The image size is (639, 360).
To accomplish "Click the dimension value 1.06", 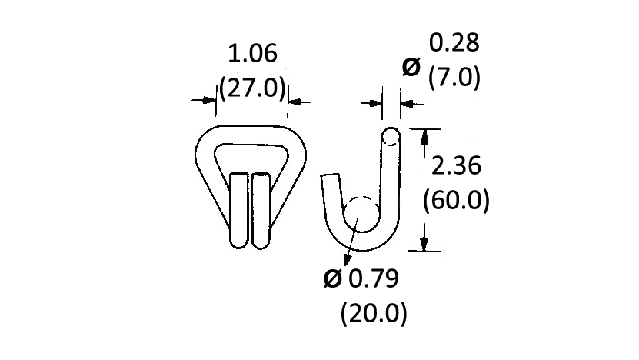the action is [252, 54].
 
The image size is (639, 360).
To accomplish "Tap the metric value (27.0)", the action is [252, 88].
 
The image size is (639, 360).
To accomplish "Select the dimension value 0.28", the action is [454, 43].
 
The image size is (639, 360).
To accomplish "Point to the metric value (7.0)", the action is [454, 77].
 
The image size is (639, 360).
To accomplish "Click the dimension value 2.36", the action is [456, 166].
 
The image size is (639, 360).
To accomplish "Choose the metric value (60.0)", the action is [456, 200].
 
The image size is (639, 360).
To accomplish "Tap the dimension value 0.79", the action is [374, 279].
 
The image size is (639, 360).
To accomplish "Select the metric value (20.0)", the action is [374, 313].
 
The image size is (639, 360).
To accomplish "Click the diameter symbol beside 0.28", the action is [411, 67].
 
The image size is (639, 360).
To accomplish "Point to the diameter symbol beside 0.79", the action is [332, 279].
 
